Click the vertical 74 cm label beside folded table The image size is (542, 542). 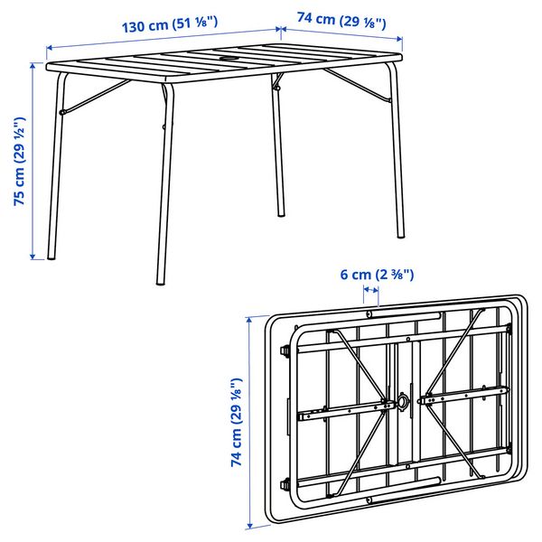click(x=237, y=422)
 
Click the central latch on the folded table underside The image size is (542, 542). click(x=400, y=402)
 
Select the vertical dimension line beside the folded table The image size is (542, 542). click(x=249, y=422)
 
